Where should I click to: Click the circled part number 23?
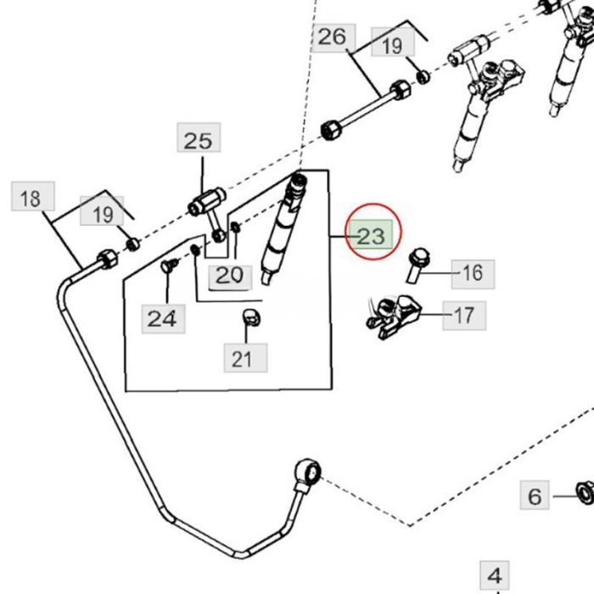[371, 237]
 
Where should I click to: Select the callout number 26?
[333, 36]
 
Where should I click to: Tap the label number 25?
[198, 139]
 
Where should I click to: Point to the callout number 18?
[31, 199]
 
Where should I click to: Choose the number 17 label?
[464, 316]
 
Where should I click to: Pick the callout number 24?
[163, 318]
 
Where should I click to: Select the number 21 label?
[244, 358]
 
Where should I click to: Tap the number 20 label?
[229, 274]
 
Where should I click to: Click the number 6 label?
[534, 496]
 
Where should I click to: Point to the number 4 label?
[496, 574]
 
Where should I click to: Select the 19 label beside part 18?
[103, 213]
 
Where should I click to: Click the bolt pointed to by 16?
[417, 264]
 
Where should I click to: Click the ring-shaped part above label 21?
[251, 318]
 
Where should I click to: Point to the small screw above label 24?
[167, 266]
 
